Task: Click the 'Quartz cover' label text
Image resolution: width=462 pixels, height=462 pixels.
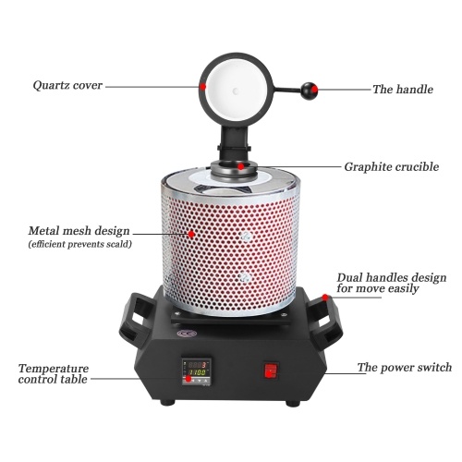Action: [67, 85]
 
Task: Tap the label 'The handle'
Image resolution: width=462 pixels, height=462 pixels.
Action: [403, 90]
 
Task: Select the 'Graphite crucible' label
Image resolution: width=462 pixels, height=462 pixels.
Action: [392, 167]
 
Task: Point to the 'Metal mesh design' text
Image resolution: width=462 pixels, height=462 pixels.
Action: [79, 231]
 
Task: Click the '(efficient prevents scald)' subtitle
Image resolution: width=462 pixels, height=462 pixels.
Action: [80, 245]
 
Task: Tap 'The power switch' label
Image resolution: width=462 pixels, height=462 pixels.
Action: [405, 367]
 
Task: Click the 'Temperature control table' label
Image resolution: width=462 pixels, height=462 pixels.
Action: [54, 373]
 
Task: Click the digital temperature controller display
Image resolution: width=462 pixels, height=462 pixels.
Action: [196, 371]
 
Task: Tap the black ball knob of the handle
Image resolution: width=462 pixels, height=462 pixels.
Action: [309, 91]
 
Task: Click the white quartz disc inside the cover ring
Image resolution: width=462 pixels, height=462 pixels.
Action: [236, 91]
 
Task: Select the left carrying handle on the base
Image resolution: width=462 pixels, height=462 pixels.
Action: [137, 316]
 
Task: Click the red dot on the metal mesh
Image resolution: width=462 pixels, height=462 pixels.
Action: [191, 234]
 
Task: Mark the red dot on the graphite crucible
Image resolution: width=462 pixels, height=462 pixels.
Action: [241, 166]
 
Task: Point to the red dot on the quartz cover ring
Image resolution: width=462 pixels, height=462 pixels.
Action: [202, 86]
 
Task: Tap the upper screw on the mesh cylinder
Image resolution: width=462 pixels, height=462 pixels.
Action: [246, 237]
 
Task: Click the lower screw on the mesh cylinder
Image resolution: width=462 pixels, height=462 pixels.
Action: [245, 277]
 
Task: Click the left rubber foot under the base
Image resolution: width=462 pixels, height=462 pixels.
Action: [167, 402]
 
